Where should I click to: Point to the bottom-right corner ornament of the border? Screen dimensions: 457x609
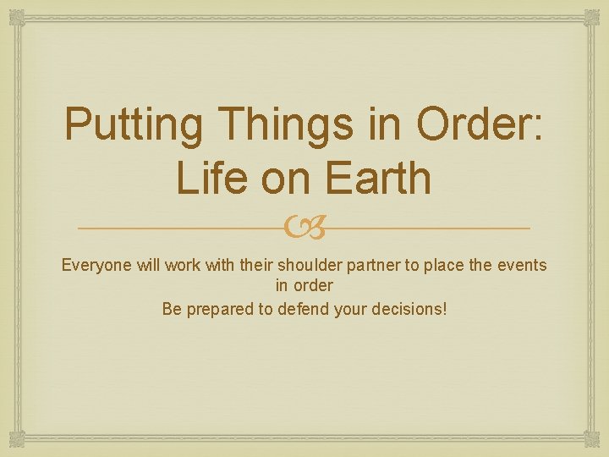click(x=592, y=440)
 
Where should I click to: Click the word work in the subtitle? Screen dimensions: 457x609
click(x=183, y=265)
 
